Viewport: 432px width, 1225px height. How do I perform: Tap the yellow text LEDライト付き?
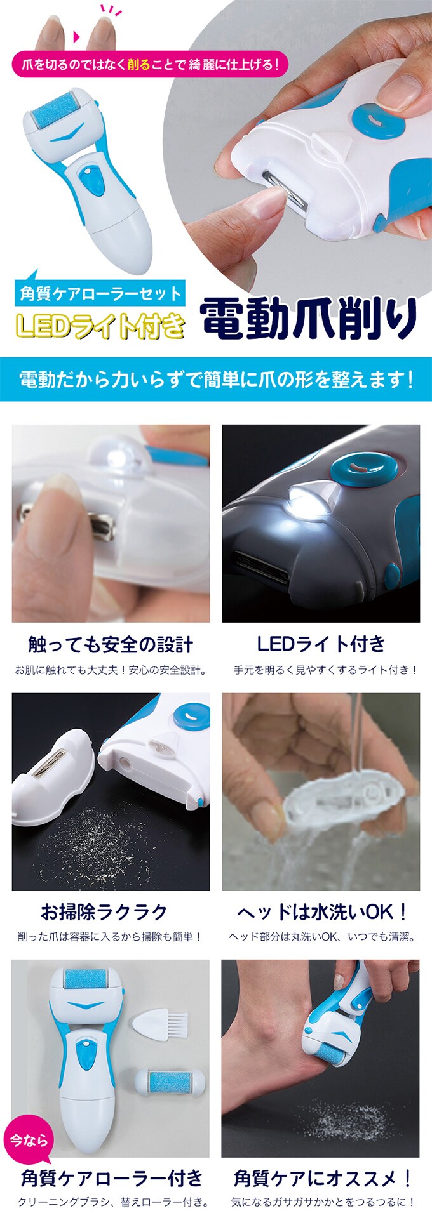100,325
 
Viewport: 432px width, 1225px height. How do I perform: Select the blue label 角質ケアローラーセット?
100,293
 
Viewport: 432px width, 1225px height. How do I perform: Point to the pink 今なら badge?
29,1141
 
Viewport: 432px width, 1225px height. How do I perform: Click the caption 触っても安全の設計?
111,645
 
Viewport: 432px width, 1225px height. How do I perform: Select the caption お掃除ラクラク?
104,912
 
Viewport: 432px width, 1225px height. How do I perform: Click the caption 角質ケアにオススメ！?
323,1179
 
